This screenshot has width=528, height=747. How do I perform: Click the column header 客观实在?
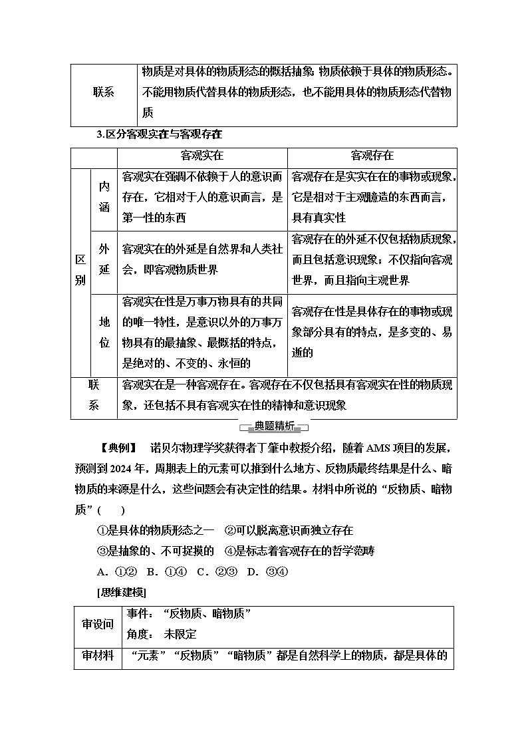(x=202, y=156)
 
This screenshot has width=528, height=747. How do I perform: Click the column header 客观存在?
(x=372, y=156)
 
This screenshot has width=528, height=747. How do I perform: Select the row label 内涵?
(x=104, y=196)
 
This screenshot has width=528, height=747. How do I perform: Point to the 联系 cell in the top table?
(x=103, y=92)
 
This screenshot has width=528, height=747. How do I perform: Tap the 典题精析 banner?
(x=264, y=427)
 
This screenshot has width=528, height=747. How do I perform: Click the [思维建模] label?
(x=121, y=592)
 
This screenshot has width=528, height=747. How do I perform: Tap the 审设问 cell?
(x=98, y=625)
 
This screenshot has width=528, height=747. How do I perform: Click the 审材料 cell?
(x=98, y=656)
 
